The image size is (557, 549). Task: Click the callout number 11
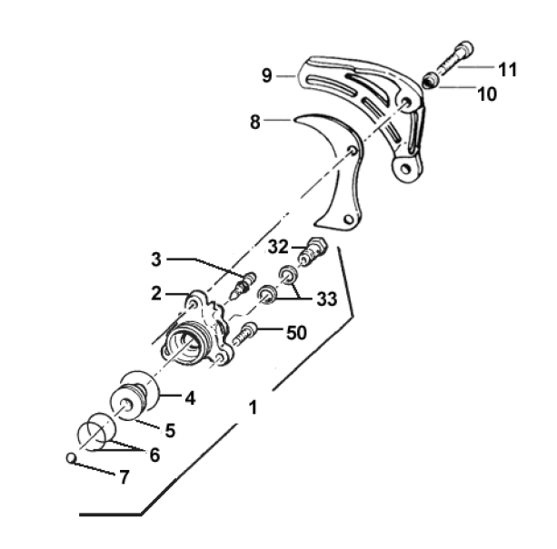[x=507, y=70]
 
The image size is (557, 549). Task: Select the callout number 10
[x=487, y=94]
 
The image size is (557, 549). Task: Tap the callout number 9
[x=267, y=75]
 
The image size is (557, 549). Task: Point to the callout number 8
[x=255, y=122]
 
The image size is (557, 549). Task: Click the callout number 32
[x=278, y=247]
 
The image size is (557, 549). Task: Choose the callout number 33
[x=326, y=299]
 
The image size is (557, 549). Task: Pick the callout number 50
[x=296, y=333]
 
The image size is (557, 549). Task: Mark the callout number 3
[x=156, y=260]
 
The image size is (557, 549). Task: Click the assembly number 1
[x=253, y=407]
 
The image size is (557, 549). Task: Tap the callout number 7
[x=124, y=477]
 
